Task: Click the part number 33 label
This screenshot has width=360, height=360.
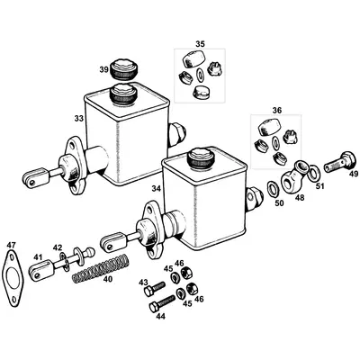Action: click(x=78, y=117)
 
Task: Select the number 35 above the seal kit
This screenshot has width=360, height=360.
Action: click(x=200, y=42)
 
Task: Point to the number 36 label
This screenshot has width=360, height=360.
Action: click(x=276, y=110)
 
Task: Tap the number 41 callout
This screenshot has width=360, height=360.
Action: click(x=38, y=257)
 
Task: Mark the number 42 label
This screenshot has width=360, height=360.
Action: click(x=58, y=247)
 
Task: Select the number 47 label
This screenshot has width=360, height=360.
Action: click(x=11, y=245)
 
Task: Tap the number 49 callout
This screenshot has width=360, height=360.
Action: click(x=353, y=174)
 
